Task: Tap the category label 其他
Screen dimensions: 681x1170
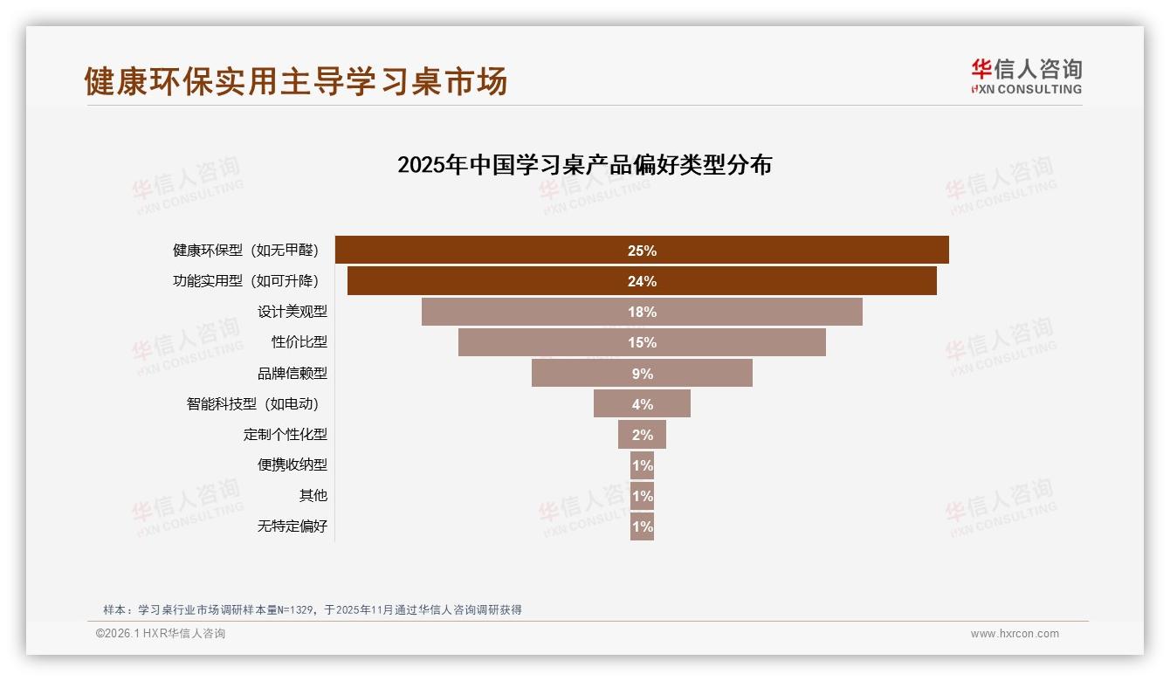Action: point(313,495)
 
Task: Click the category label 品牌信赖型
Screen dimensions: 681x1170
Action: point(292,373)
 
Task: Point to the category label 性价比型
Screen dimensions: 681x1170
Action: point(299,342)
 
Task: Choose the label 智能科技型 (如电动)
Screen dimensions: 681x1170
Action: point(253,403)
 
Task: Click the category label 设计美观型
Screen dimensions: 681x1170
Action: point(292,312)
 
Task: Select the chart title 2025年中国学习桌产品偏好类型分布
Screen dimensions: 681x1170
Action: point(584,165)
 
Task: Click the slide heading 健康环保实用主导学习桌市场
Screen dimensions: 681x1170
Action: point(296,81)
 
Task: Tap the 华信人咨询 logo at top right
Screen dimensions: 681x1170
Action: point(1027,76)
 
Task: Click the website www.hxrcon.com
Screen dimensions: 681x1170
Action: point(1015,634)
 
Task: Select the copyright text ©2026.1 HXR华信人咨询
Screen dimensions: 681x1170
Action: point(161,634)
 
